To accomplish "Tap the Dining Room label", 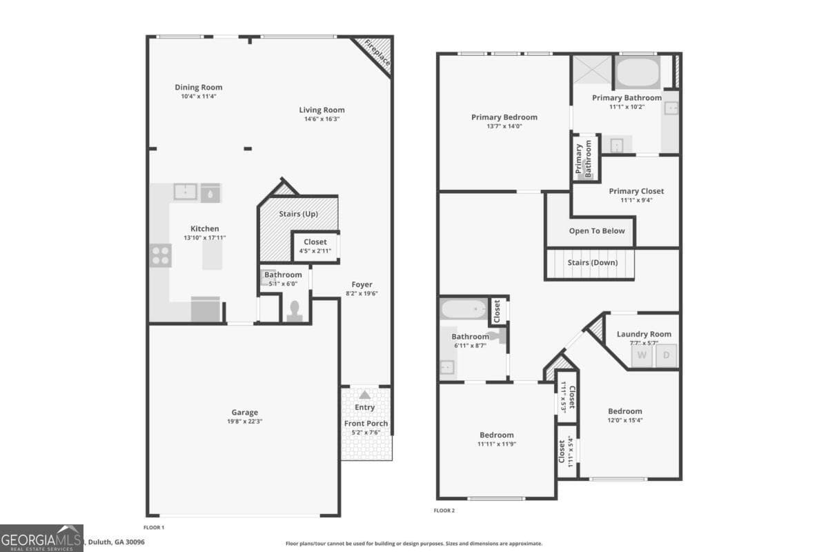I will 199,88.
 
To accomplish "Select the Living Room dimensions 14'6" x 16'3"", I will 322,119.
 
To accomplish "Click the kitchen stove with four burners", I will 160,255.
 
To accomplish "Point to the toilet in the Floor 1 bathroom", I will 294,312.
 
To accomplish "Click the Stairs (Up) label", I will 298,214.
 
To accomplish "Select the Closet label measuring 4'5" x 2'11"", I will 315,242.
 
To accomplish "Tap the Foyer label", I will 362,284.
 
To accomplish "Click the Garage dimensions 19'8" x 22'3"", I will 245,421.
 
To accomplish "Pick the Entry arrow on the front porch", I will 364,395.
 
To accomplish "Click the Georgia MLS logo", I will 41,538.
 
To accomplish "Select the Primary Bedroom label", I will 504,117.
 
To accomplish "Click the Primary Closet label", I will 636,191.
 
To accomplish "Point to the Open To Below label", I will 597,231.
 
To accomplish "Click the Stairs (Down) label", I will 592,263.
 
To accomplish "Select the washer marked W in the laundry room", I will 642,355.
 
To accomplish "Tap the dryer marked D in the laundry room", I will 667,355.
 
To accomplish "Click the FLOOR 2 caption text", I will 444,511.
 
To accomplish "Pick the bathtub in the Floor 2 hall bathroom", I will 464,309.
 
